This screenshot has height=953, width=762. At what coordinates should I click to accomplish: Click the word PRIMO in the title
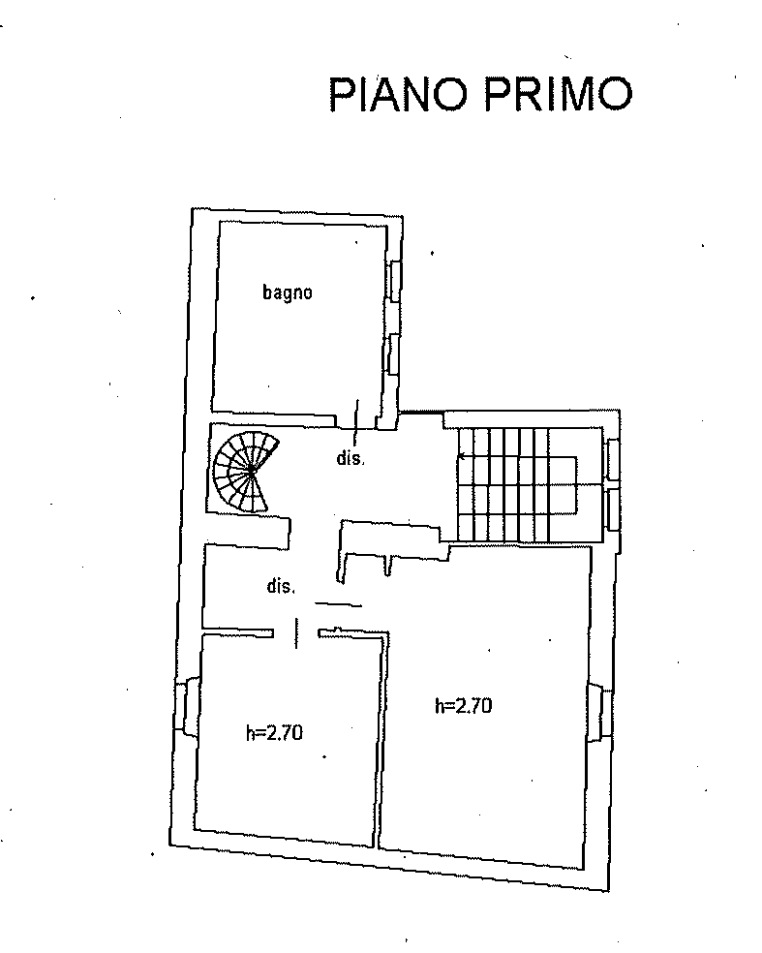point(559,95)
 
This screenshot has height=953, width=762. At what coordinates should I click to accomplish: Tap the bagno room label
point(288,292)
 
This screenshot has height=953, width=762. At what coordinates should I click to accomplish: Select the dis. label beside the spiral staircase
point(351,458)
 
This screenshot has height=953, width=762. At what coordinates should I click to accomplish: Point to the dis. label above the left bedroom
point(281,587)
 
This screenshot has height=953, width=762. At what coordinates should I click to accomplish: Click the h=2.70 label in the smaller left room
point(274,733)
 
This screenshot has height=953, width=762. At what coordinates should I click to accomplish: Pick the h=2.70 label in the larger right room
point(463,706)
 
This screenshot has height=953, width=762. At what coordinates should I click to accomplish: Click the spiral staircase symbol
point(246,471)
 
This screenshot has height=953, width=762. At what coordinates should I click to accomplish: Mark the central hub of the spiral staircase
point(251,471)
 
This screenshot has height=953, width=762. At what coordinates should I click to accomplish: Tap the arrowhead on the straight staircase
point(461,456)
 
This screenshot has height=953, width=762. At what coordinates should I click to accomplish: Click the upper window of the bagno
point(396,281)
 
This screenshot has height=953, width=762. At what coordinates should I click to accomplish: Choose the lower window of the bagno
point(394,354)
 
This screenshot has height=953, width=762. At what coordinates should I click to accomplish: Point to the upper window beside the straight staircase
point(614,459)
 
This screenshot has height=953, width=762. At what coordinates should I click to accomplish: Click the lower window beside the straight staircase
point(614,509)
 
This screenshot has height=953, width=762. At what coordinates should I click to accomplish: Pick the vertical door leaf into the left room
point(296,632)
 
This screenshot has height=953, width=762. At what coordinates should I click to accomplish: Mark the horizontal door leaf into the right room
point(339,604)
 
